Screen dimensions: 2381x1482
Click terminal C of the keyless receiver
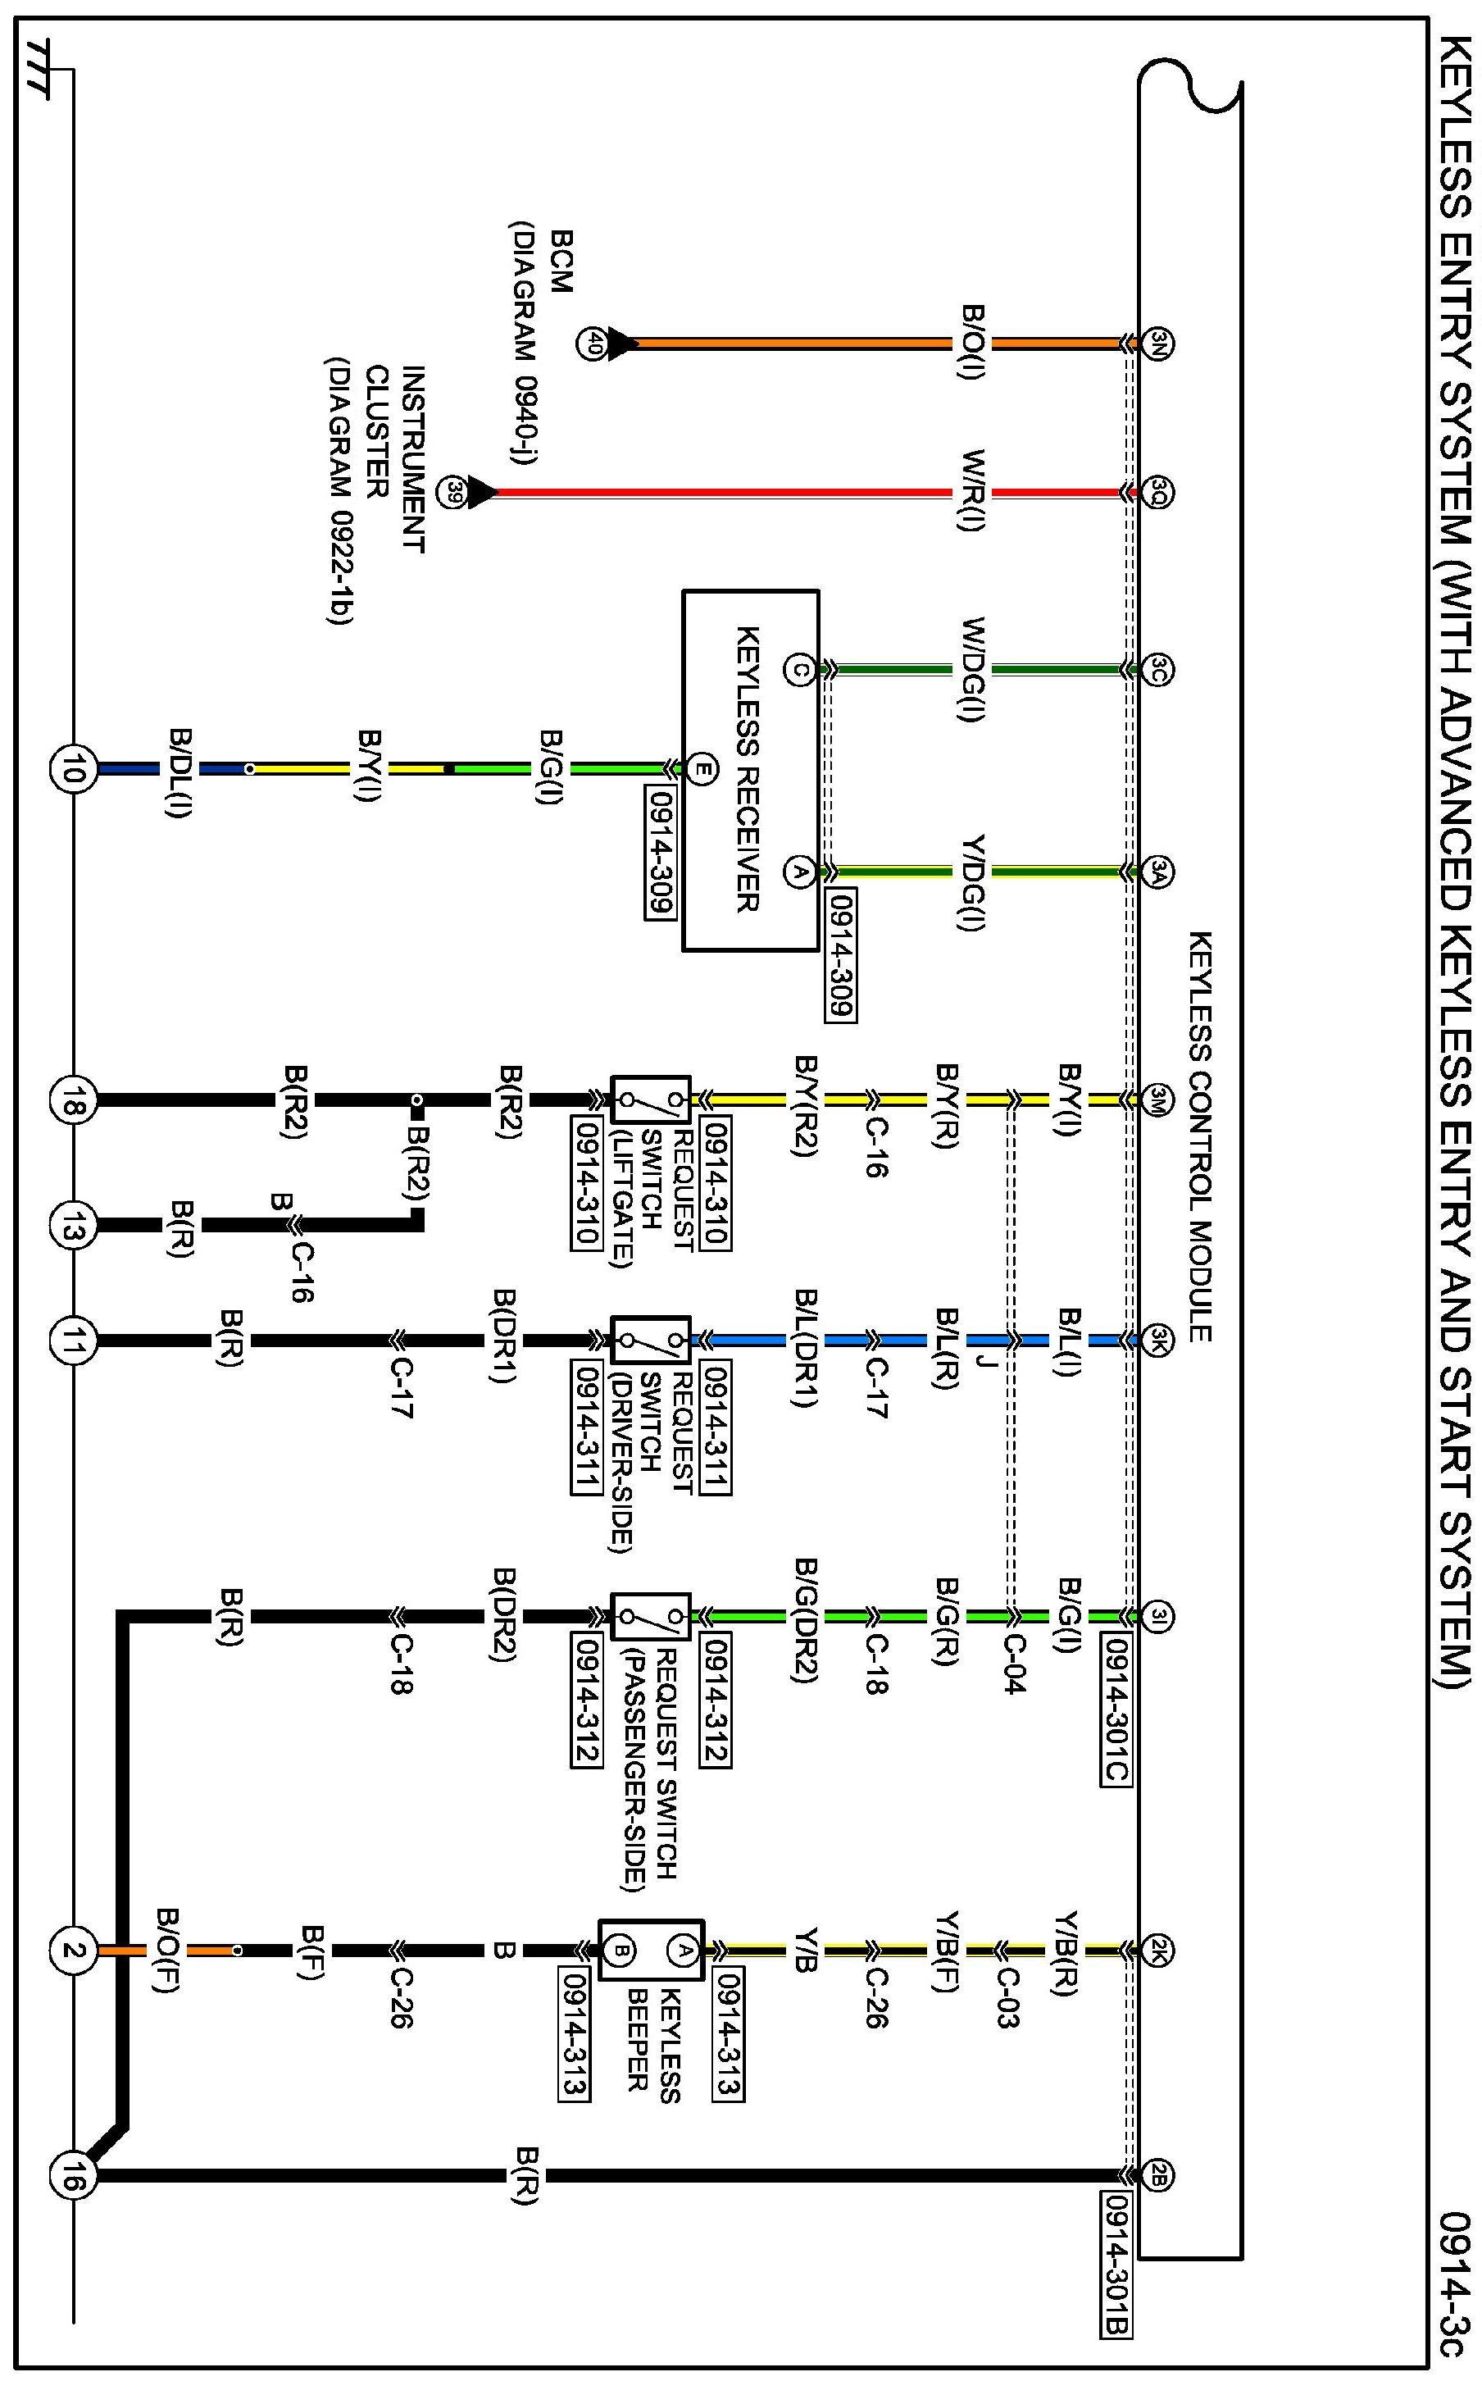[799, 671]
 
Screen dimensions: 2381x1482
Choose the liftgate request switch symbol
[651, 1099]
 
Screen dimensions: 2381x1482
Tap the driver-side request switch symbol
[651, 1339]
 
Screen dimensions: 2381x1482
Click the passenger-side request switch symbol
[651, 1615]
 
